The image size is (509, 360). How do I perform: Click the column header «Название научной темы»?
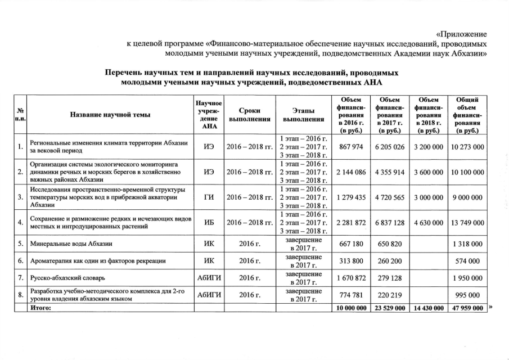[110, 115]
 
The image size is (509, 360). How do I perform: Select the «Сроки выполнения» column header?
[249, 115]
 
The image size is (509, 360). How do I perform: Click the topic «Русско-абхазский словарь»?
[66, 278]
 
